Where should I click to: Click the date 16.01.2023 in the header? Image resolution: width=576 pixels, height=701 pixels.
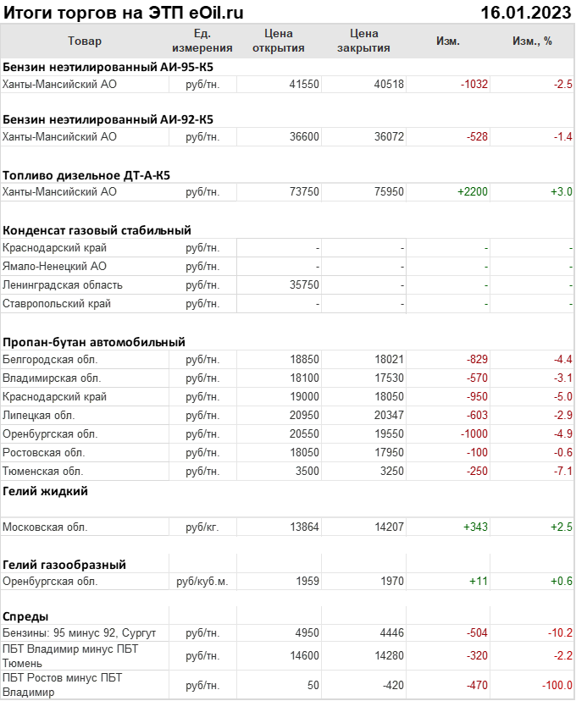click(525, 12)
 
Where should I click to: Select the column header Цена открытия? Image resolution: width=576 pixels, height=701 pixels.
click(279, 41)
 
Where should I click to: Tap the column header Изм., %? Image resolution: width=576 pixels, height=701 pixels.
click(532, 41)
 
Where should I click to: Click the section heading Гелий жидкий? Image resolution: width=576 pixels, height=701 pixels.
click(46, 491)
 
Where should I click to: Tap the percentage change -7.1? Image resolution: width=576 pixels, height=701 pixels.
click(562, 471)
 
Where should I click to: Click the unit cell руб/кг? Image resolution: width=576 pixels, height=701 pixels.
click(202, 527)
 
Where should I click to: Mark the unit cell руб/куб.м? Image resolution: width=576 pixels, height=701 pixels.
click(202, 582)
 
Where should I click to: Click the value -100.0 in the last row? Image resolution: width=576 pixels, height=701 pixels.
click(557, 685)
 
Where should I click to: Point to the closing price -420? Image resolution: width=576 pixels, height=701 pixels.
click(390, 685)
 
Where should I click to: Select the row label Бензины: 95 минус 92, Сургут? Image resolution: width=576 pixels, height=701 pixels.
click(80, 633)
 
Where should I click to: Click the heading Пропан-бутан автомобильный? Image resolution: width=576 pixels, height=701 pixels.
click(94, 342)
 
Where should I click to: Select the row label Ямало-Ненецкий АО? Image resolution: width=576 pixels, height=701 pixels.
click(55, 267)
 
